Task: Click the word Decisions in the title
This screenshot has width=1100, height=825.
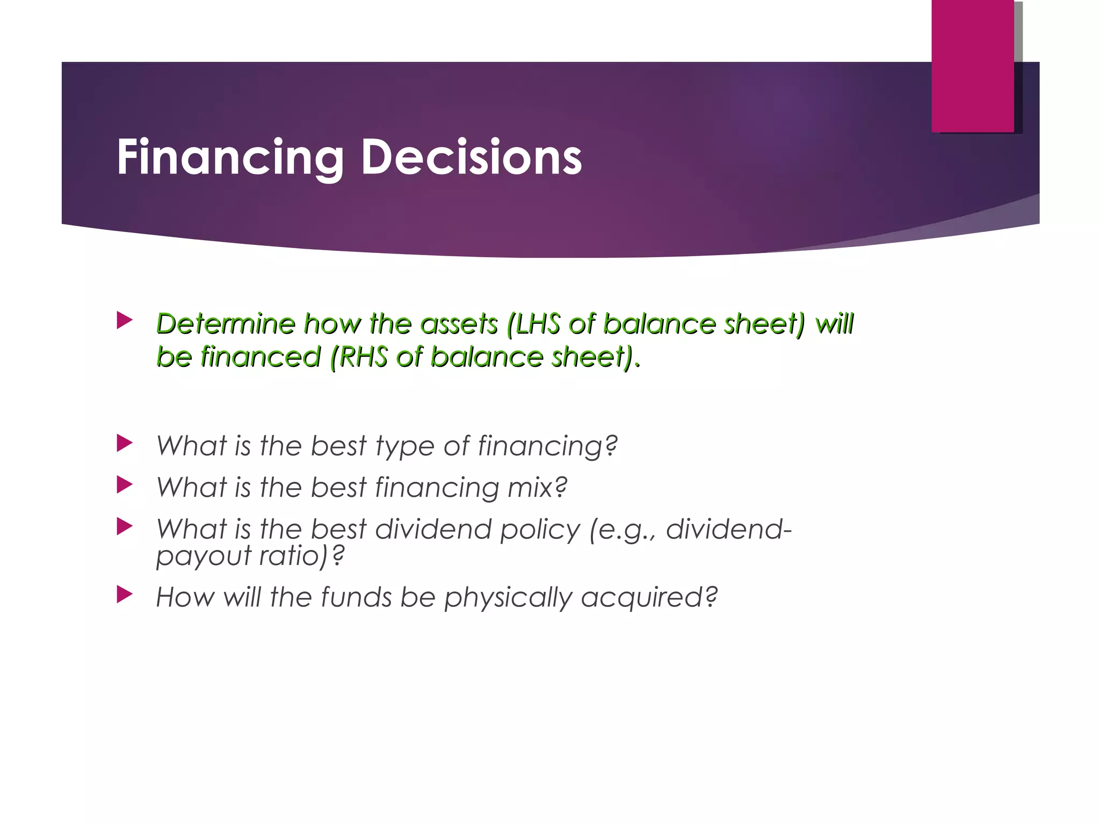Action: [x=471, y=157]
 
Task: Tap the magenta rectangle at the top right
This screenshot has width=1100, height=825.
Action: [x=972, y=66]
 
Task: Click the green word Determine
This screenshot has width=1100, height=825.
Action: [x=226, y=324]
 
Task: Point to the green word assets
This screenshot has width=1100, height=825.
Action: [x=459, y=324]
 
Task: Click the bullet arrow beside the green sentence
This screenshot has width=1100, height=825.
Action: [x=124, y=321]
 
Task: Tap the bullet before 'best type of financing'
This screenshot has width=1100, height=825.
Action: [x=124, y=443]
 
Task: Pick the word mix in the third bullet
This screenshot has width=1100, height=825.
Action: [x=537, y=487]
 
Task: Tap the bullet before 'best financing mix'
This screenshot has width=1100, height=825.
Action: [x=124, y=484]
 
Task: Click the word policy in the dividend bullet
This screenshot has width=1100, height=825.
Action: [x=540, y=530]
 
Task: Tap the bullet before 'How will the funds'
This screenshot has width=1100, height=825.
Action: [x=124, y=594]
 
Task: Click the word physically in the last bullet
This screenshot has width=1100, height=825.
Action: [x=508, y=597]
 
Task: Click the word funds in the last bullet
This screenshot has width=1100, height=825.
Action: [x=356, y=597]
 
